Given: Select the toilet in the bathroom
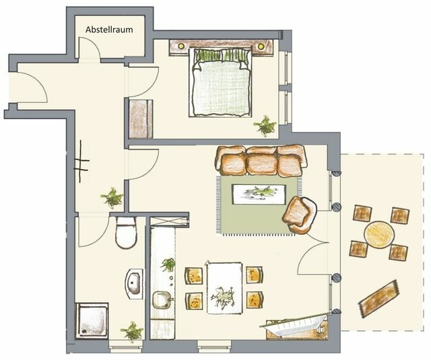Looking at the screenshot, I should tap(126, 233).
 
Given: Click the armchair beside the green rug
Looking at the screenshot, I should tap(299, 214).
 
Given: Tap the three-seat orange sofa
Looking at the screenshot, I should tap(261, 160).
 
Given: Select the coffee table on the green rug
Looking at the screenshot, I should tap(257, 193).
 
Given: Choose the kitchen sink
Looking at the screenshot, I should tap(162, 299).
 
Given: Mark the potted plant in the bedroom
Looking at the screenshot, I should tap(264, 125).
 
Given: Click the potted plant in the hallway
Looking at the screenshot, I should tap(112, 198).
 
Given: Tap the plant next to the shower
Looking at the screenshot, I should tap(132, 332).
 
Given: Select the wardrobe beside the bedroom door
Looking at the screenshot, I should tap(141, 119).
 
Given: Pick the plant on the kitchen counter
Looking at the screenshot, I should tap(167, 264).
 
